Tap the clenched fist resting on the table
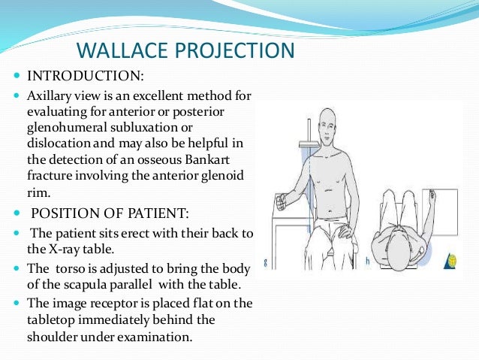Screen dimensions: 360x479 click(x=282, y=201)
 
